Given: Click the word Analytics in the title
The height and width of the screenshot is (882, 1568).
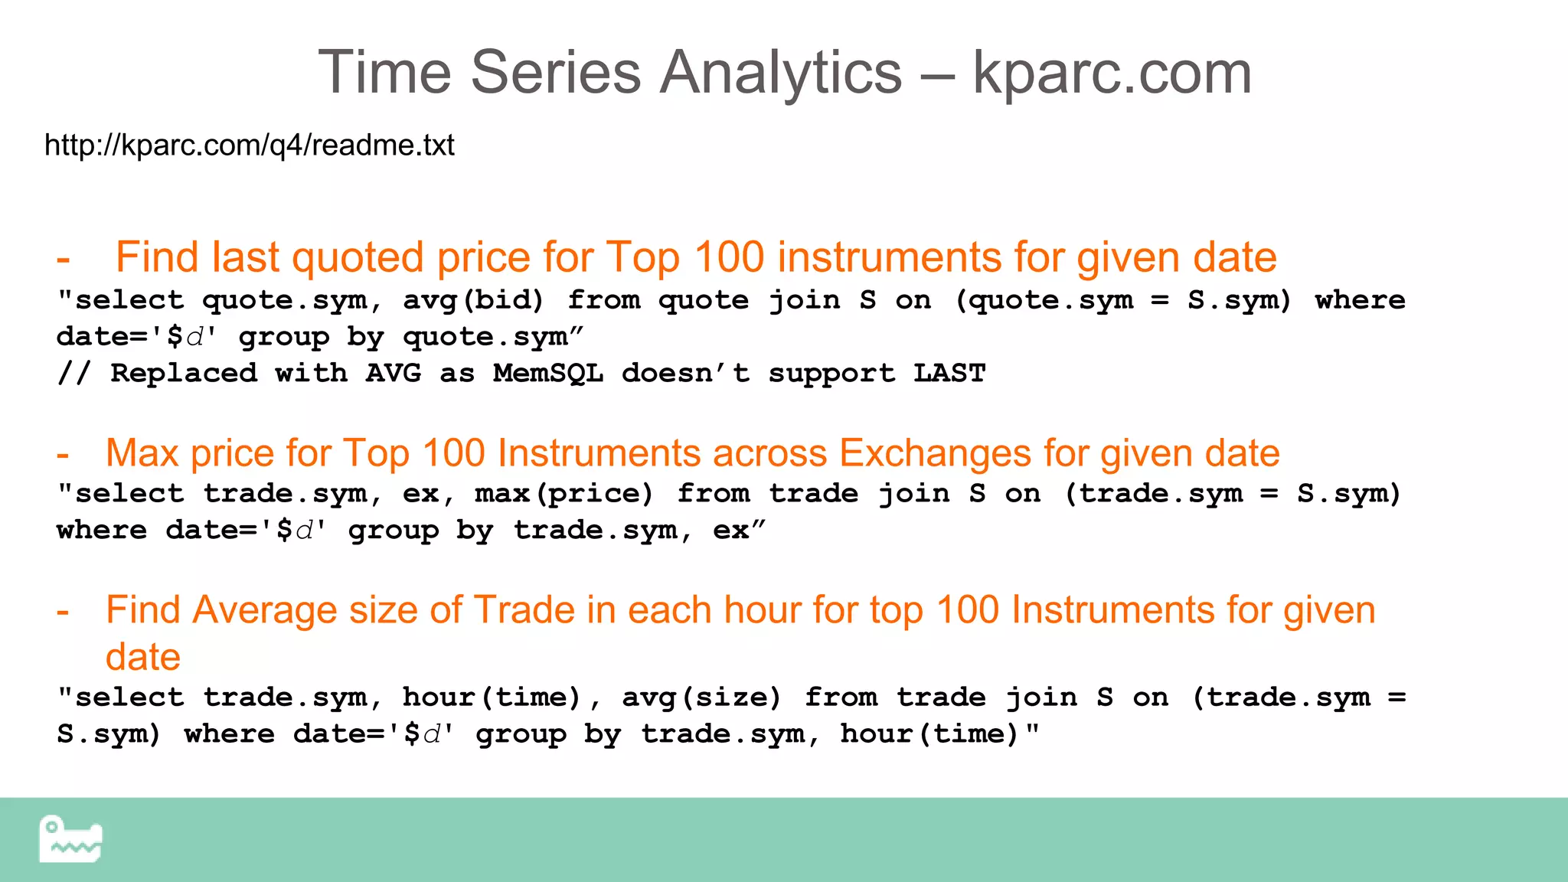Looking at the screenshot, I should pos(781,73).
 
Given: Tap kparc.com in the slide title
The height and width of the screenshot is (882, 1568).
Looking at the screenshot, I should pos(1112,73).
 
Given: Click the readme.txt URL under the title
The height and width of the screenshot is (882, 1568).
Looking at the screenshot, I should pos(250,145).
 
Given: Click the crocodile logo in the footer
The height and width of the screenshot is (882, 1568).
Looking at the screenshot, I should pos(70,839).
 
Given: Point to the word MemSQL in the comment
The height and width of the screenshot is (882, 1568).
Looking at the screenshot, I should pos(548,374).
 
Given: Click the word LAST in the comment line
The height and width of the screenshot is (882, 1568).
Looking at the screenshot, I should pos(949,374).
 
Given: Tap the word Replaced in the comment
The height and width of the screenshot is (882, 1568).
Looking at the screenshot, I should pos(184,374).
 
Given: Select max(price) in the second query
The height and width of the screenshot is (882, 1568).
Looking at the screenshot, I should pos(564,494).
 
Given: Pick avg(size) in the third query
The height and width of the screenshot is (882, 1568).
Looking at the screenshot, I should pos(701,697).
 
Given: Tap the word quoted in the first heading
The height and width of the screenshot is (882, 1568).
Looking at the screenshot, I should pos(358,258).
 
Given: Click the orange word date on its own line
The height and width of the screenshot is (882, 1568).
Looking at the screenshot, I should pos(143,658).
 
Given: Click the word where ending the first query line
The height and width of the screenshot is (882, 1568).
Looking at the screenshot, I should pos(1360,300).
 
